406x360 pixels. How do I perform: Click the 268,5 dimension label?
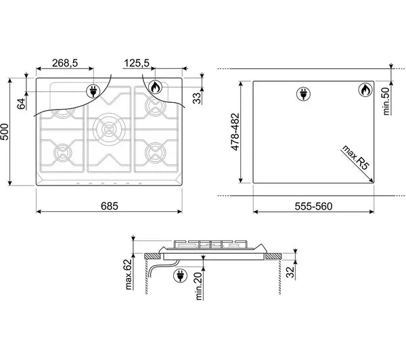[x=65, y=63]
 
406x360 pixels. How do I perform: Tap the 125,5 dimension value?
[x=137, y=63]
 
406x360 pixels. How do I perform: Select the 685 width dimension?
[x=109, y=206]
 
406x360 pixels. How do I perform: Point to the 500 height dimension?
[x=5, y=132]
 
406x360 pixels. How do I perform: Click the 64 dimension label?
[x=22, y=104]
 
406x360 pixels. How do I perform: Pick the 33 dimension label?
[x=198, y=98]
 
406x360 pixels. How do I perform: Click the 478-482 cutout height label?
[x=235, y=132]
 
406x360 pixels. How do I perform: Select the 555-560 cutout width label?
[x=313, y=206]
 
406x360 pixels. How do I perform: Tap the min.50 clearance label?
[x=386, y=102]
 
